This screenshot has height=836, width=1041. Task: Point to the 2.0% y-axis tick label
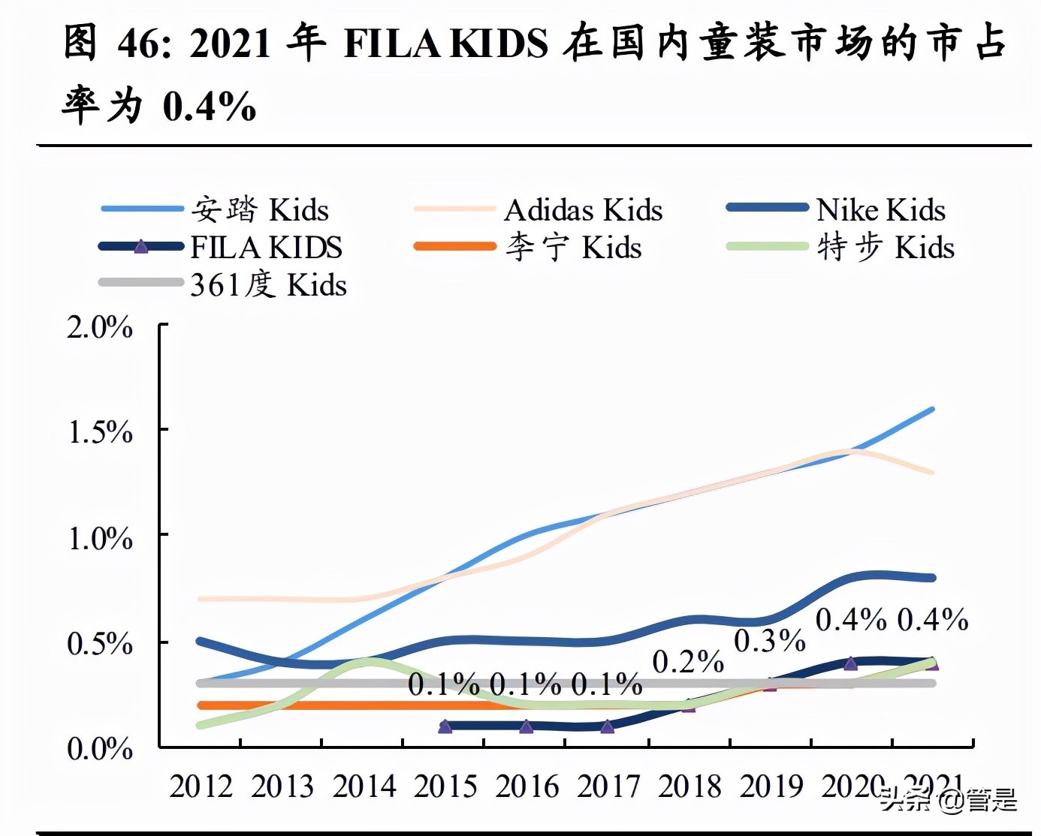click(100, 327)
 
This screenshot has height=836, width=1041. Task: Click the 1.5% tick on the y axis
click(100, 432)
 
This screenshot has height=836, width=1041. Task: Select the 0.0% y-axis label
click(100, 748)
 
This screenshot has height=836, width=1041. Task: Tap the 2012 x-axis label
click(201, 786)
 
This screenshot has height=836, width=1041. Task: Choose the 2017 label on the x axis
click(608, 786)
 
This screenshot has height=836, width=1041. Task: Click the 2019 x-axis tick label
click(771, 786)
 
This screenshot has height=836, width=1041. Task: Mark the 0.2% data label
click(688, 662)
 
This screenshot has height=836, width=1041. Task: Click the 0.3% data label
click(769, 641)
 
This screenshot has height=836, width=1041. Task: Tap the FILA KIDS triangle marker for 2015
click(445, 726)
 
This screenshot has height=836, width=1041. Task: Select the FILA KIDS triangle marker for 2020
click(850, 663)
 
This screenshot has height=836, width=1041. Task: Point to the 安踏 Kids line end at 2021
click(931, 410)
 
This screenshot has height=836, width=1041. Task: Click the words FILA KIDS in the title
click(446, 43)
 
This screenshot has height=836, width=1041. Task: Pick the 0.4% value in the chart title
click(210, 106)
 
